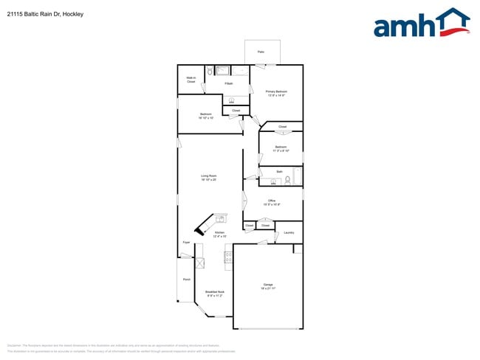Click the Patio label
tap(261, 52)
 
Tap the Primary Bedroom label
tap(276, 93)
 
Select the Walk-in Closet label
tap(191, 80)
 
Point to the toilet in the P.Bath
tap(210, 72)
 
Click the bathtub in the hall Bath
tap(298, 177)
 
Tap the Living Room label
tap(208, 177)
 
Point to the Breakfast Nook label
tap(214, 293)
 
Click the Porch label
tap(186, 280)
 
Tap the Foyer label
tap(186, 242)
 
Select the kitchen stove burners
tap(227, 257)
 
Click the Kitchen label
tap(219, 234)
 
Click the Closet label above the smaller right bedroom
tap(282, 127)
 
